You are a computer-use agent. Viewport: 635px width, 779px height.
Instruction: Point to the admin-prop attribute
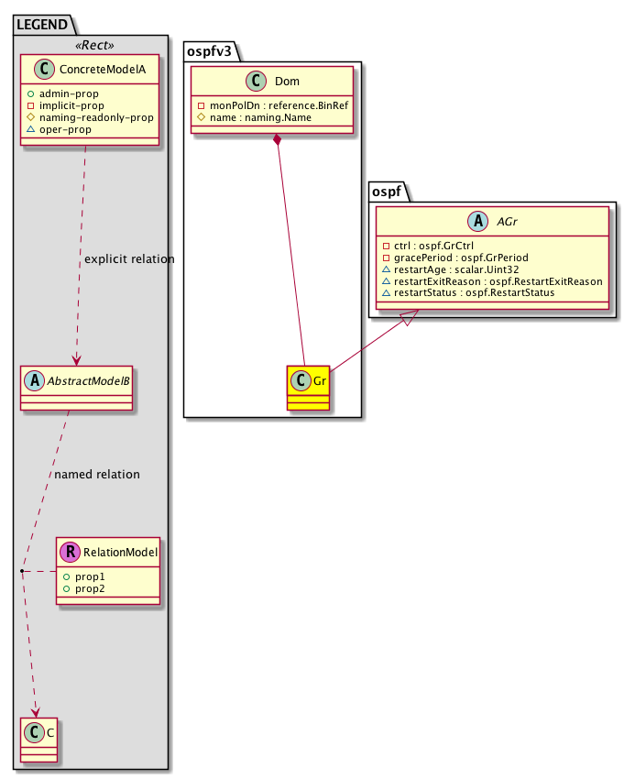pos(70,94)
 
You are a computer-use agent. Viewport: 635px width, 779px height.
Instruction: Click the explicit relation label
pos(128,259)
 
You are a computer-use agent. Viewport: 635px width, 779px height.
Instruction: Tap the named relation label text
pos(97,475)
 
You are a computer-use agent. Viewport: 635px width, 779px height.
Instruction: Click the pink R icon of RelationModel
pos(70,553)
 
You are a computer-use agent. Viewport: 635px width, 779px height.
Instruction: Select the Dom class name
pos(287,82)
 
